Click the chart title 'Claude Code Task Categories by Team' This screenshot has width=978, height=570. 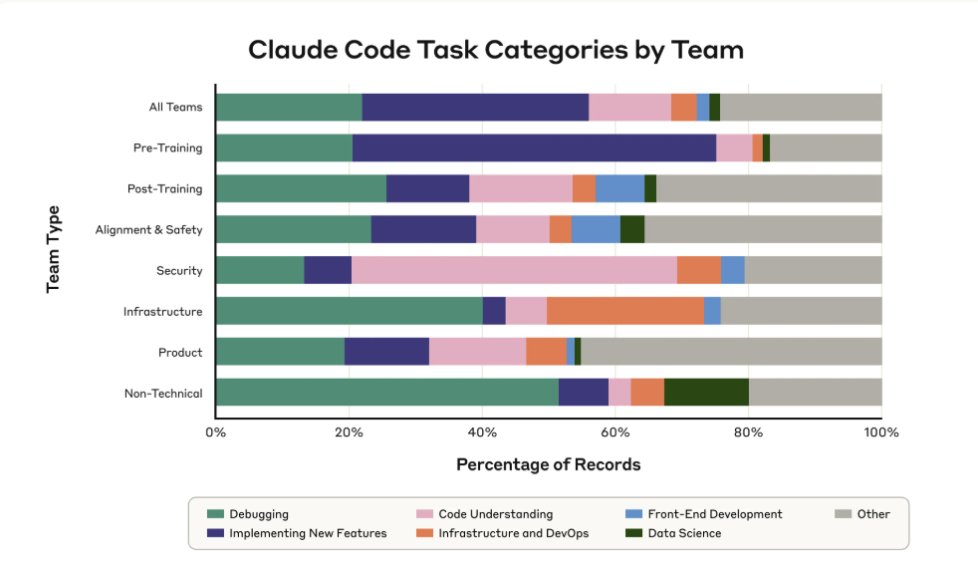[x=495, y=49]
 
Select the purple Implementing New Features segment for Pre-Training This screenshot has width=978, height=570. [x=534, y=147]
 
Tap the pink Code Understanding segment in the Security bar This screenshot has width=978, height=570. [x=514, y=270]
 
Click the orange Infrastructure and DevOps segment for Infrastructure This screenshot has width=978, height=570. [x=625, y=311]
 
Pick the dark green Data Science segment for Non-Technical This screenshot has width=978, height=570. [x=706, y=393]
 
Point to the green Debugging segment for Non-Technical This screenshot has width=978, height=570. [x=386, y=393]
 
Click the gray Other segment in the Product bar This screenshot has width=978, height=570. [x=731, y=352]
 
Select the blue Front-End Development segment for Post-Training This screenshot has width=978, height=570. [x=619, y=188]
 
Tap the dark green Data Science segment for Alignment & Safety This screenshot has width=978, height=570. [x=632, y=229]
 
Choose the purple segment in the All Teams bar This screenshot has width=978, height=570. [x=475, y=107]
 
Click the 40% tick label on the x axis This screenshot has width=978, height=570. [x=482, y=432]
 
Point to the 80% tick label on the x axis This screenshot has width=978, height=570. [x=749, y=432]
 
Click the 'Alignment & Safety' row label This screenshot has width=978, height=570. [x=148, y=230]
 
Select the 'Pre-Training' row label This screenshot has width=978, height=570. [x=167, y=148]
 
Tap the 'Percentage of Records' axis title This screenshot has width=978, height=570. [x=548, y=464]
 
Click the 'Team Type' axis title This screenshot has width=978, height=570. [x=54, y=249]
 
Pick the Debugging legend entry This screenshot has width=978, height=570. [x=258, y=514]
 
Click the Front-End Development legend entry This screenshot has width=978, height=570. [x=714, y=514]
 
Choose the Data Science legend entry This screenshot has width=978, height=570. [x=683, y=533]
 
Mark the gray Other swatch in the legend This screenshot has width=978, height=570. [x=842, y=514]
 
